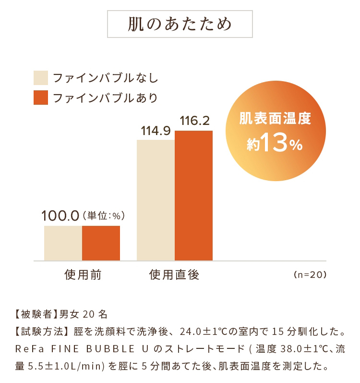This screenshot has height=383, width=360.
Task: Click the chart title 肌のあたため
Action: [x=180, y=24]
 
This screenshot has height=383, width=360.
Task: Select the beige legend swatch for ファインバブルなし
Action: [x=41, y=78]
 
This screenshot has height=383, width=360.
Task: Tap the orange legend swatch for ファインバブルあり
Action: [x=41, y=97]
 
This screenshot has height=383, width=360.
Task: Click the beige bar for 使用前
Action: [x=63, y=243]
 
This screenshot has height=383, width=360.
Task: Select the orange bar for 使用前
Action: [x=101, y=243]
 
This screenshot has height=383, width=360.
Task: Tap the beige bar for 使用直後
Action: [x=156, y=200]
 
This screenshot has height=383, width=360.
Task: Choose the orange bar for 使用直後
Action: [x=193, y=196]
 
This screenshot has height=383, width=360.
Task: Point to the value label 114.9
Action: [x=156, y=131]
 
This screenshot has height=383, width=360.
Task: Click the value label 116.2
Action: [x=194, y=121]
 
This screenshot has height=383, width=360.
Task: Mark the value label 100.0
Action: [x=60, y=216]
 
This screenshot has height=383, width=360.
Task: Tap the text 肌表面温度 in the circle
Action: [x=275, y=118]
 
